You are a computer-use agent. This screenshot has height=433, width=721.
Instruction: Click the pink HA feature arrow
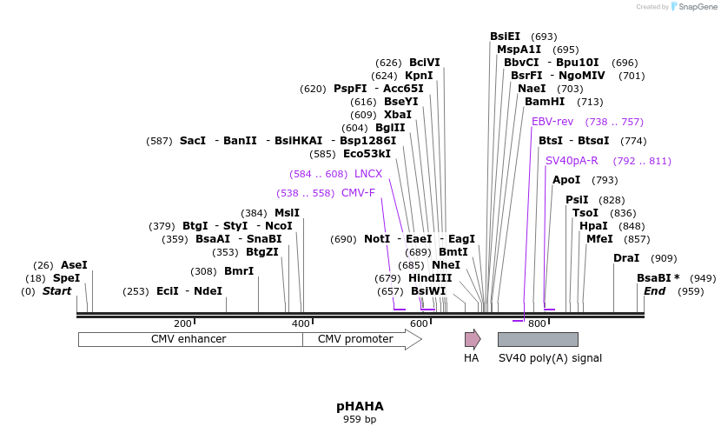472,339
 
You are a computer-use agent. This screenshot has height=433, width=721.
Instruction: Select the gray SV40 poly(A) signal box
538,339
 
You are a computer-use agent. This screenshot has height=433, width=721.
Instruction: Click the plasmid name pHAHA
360,406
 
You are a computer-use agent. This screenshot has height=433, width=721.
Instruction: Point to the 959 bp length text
360,420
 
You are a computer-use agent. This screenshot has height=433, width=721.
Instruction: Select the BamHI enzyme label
545,102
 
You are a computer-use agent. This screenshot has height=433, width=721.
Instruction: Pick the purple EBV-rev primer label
552,122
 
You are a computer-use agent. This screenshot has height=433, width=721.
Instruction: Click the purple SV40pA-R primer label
572,161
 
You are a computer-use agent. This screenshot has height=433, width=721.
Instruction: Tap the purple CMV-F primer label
358,193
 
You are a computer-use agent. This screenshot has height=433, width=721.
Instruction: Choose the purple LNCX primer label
368,174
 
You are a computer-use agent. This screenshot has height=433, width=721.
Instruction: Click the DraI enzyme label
626,258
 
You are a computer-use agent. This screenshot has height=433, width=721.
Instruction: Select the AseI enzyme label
74,265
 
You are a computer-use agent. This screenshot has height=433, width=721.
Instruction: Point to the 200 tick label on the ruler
182,323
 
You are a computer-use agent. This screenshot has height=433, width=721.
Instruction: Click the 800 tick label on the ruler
537,323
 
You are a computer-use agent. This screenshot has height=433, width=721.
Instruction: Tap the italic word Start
56,291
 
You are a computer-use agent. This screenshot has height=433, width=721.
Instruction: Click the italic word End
654,291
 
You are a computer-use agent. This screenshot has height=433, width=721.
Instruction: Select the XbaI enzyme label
398,115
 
